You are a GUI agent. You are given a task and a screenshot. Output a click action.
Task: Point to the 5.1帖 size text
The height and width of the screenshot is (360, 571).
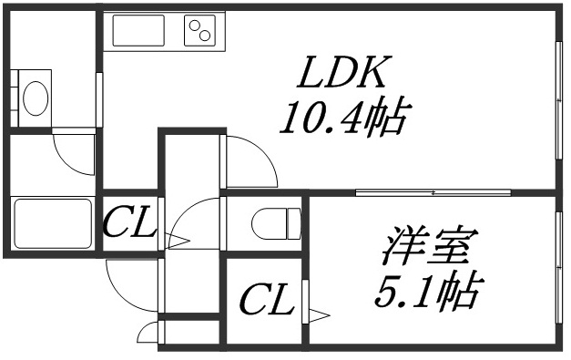[428, 291]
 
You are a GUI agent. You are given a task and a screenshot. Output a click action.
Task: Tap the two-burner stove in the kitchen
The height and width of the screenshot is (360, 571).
[204, 33]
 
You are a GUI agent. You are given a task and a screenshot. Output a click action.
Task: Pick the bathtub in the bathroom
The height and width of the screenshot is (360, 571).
[53, 223]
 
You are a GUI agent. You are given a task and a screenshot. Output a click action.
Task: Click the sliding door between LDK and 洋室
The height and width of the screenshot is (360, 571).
[433, 192]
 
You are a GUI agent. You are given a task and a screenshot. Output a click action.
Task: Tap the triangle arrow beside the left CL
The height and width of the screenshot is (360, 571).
[176, 242]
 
